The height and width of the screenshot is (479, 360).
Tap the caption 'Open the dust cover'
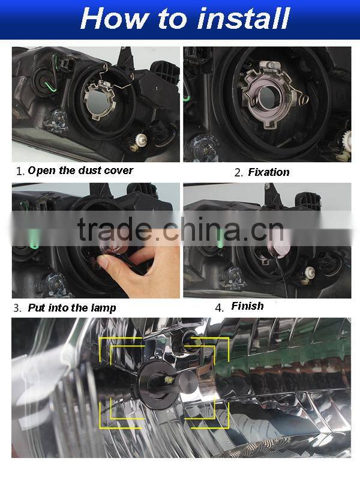(80, 170)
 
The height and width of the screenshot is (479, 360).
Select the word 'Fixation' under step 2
(268, 172)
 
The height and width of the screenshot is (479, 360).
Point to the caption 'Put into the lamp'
(72, 308)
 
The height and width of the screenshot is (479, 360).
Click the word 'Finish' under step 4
(247, 306)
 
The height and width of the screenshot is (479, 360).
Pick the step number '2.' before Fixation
(238, 173)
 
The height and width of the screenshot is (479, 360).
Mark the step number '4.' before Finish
(220, 307)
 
